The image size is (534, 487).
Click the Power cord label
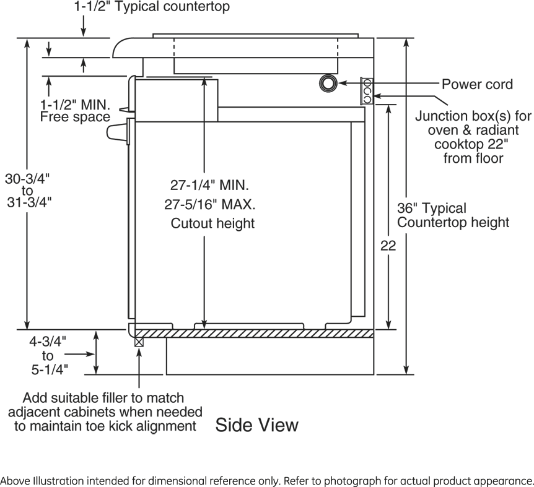coord(477,84)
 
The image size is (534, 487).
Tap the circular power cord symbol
coord(328,83)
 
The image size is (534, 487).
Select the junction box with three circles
coord(366,90)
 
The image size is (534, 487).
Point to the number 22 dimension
coord(388,246)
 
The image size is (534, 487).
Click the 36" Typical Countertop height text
coord(453,215)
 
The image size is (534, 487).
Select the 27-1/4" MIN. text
coord(210,185)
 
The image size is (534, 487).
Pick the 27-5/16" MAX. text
coord(212,204)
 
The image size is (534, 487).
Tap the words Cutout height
coord(212,223)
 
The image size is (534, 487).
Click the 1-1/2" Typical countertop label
coord(151,7)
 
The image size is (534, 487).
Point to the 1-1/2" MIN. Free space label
coord(74,110)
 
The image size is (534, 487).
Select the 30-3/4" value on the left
coord(27,179)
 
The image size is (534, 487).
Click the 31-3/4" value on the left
coord(27,202)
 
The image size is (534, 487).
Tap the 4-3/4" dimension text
coord(48,342)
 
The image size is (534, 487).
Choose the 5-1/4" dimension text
coord(48,370)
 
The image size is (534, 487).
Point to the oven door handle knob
coord(117,132)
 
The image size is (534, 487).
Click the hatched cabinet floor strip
coord(254,333)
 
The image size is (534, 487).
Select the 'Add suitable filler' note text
coord(103,412)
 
